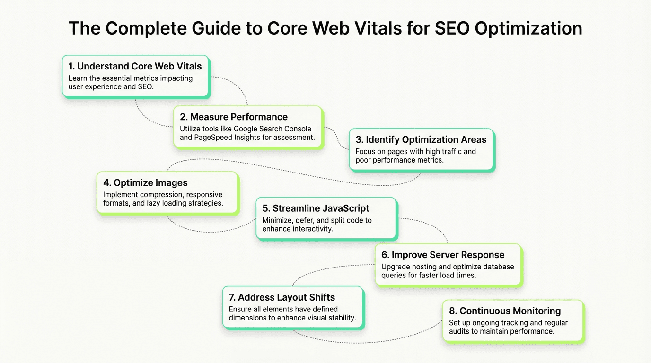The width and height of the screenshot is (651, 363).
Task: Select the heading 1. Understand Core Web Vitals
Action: pos(135,66)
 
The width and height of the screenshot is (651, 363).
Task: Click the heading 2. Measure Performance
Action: pos(234,117)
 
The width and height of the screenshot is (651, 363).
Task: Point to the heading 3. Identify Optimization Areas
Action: pos(421,139)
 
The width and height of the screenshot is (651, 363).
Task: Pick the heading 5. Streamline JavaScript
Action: pos(316,208)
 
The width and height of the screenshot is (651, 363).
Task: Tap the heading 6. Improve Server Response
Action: pos(443,255)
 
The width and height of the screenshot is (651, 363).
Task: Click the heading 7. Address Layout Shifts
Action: pos(282,297)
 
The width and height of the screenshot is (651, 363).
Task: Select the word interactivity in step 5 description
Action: pos(310,229)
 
